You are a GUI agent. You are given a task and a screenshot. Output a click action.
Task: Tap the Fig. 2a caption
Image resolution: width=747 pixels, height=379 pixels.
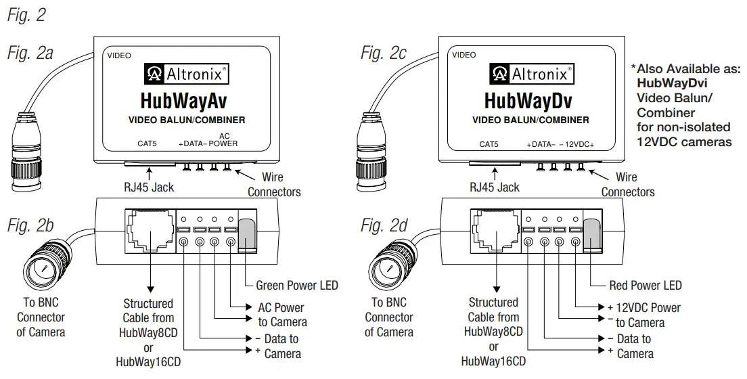pos(30,53)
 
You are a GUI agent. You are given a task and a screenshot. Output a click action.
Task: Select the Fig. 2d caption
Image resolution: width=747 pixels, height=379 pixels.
pos(384,225)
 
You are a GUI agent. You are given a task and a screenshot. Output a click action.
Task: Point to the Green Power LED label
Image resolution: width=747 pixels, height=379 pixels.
pos(296,285)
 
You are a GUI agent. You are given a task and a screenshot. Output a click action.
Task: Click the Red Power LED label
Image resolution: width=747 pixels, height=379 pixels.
pos(646,285)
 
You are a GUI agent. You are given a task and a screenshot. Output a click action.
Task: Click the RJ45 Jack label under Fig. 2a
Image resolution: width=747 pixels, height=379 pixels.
pos(147,187)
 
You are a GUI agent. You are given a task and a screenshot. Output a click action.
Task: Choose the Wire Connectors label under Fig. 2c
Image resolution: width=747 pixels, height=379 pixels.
pos(627,185)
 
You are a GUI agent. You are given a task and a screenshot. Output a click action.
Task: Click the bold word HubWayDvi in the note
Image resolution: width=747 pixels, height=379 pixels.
pos(669,83)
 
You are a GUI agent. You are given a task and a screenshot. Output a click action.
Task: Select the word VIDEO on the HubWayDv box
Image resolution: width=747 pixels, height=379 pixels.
pos(464,55)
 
